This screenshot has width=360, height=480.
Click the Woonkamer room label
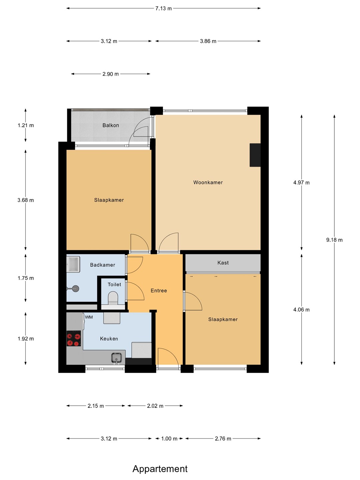(x=208, y=182)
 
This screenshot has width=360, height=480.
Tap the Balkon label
(x=111, y=125)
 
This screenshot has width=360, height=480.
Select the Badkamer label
(x=103, y=265)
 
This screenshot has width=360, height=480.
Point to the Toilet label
(x=114, y=285)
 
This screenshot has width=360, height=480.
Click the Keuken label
(x=109, y=339)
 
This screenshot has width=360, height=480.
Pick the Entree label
(x=159, y=291)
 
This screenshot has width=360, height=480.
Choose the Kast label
(x=223, y=263)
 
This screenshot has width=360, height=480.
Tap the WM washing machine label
(x=89, y=317)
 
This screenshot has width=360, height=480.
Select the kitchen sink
(x=116, y=358)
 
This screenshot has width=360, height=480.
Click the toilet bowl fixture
(x=113, y=298)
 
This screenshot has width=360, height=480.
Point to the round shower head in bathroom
(x=76, y=289)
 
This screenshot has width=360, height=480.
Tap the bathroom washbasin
(x=73, y=264)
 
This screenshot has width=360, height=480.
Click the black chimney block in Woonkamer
(x=255, y=155)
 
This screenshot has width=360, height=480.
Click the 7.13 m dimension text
(x=163, y=9)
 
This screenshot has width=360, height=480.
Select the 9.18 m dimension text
(x=334, y=240)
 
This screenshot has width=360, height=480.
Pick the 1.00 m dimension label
(x=169, y=439)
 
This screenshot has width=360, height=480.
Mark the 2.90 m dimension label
(x=111, y=74)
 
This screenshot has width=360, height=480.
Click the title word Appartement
(x=160, y=469)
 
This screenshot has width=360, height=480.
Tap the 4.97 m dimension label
(x=301, y=183)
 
